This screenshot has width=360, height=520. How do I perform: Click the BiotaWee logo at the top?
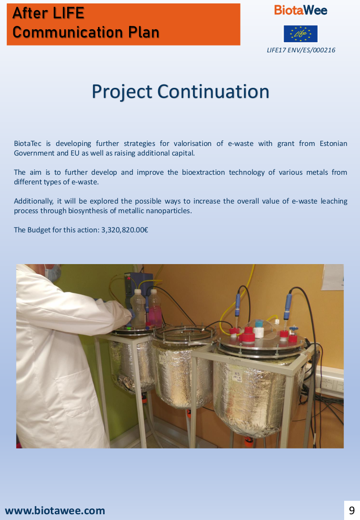pyautogui.click(x=300, y=10)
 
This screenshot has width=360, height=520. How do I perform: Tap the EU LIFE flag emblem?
pyautogui.click(x=300, y=34)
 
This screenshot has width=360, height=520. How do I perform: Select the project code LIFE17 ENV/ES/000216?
pyautogui.click(x=301, y=50)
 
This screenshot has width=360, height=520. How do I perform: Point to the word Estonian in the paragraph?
pyautogui.click(x=333, y=144)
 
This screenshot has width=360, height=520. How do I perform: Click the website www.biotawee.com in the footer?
pyautogui.click(x=55, y=510)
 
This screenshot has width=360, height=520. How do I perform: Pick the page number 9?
pyautogui.click(x=352, y=510)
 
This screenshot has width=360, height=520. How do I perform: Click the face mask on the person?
pyautogui.click(x=53, y=272)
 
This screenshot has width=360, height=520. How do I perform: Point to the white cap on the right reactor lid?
pyautogui.click(x=259, y=332)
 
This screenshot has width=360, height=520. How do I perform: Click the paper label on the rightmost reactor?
pyautogui.click(x=237, y=377)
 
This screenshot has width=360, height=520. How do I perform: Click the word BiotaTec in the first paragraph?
pyautogui.click(x=27, y=144)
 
